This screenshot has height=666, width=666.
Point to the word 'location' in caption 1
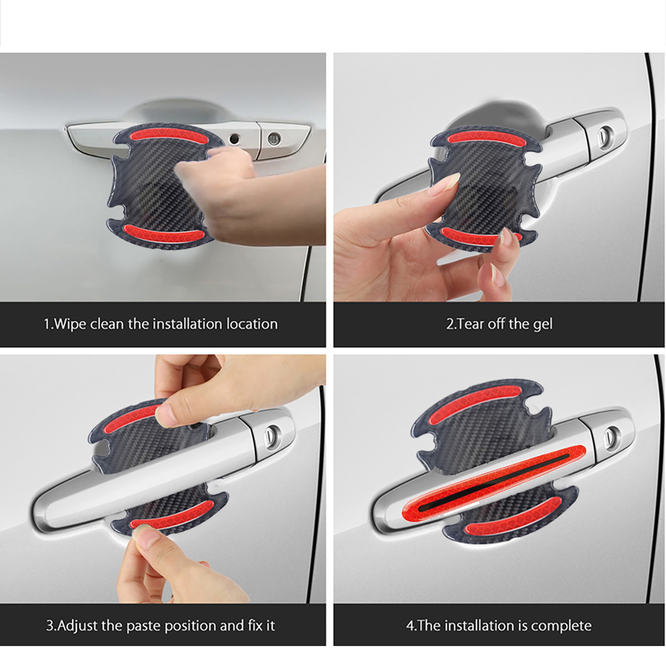click(252, 324)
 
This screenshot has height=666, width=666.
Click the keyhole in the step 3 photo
click(273, 434)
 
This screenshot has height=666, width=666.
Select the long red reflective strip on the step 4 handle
click(493, 480)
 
